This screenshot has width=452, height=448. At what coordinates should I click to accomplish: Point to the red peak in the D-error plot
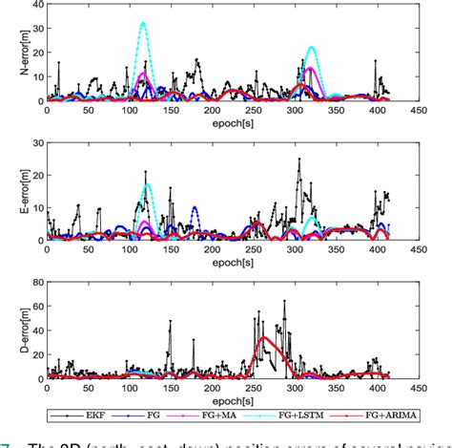point(263,337)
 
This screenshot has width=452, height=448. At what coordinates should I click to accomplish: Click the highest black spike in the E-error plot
point(298,160)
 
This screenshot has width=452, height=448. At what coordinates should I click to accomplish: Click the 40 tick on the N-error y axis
point(35,4)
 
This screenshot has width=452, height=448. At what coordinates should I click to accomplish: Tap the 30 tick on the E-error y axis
point(35,143)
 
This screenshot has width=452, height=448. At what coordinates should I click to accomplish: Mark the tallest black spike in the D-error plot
point(283,301)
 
